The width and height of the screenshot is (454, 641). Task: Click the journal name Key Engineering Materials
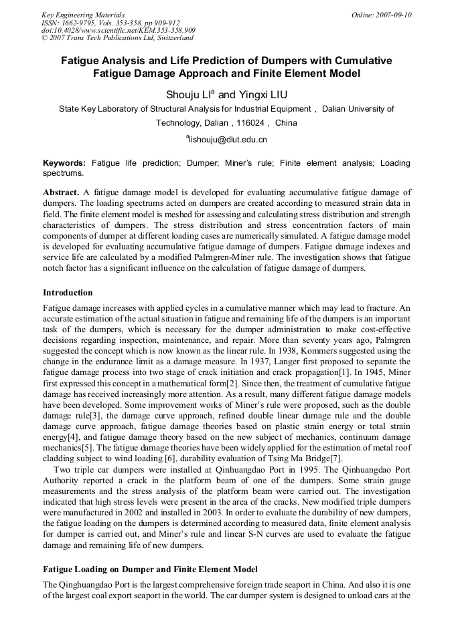click(82, 15)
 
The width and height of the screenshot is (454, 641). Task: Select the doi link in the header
click(118, 30)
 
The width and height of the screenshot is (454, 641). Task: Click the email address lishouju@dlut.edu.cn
click(228, 140)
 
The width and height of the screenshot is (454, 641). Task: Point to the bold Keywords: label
click(64, 163)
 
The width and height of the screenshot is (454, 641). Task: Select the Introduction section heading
click(68, 293)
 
